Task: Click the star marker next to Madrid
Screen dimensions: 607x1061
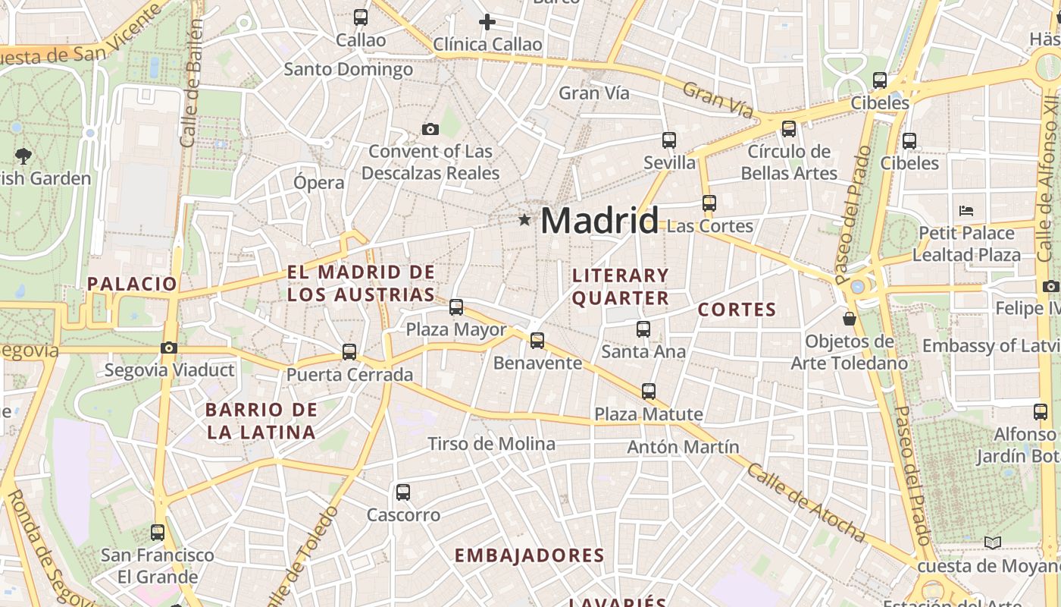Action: point(524,220)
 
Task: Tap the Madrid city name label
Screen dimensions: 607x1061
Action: point(599,221)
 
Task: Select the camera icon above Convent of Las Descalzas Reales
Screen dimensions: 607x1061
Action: point(430,130)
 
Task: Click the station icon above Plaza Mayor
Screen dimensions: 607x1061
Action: point(456,307)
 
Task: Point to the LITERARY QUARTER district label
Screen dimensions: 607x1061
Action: point(621,287)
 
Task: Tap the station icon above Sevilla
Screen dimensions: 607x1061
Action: point(669,140)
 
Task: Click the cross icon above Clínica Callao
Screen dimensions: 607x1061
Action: point(487,22)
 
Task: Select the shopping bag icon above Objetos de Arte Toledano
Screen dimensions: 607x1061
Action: point(850,319)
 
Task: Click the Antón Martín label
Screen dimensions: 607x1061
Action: point(683,447)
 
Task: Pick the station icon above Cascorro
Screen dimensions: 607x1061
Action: point(403,492)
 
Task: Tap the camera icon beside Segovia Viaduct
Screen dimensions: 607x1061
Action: point(169,348)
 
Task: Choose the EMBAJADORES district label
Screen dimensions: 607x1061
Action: point(530,555)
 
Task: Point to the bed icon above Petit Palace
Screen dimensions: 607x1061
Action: point(966,211)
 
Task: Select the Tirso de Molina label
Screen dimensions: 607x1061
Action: point(491,444)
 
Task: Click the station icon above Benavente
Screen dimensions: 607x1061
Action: point(537,341)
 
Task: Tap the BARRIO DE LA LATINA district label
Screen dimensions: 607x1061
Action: point(261,421)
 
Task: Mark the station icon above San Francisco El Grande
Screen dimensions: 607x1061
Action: point(158,533)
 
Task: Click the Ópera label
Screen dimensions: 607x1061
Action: point(319,182)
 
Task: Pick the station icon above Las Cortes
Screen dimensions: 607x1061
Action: point(709,203)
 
